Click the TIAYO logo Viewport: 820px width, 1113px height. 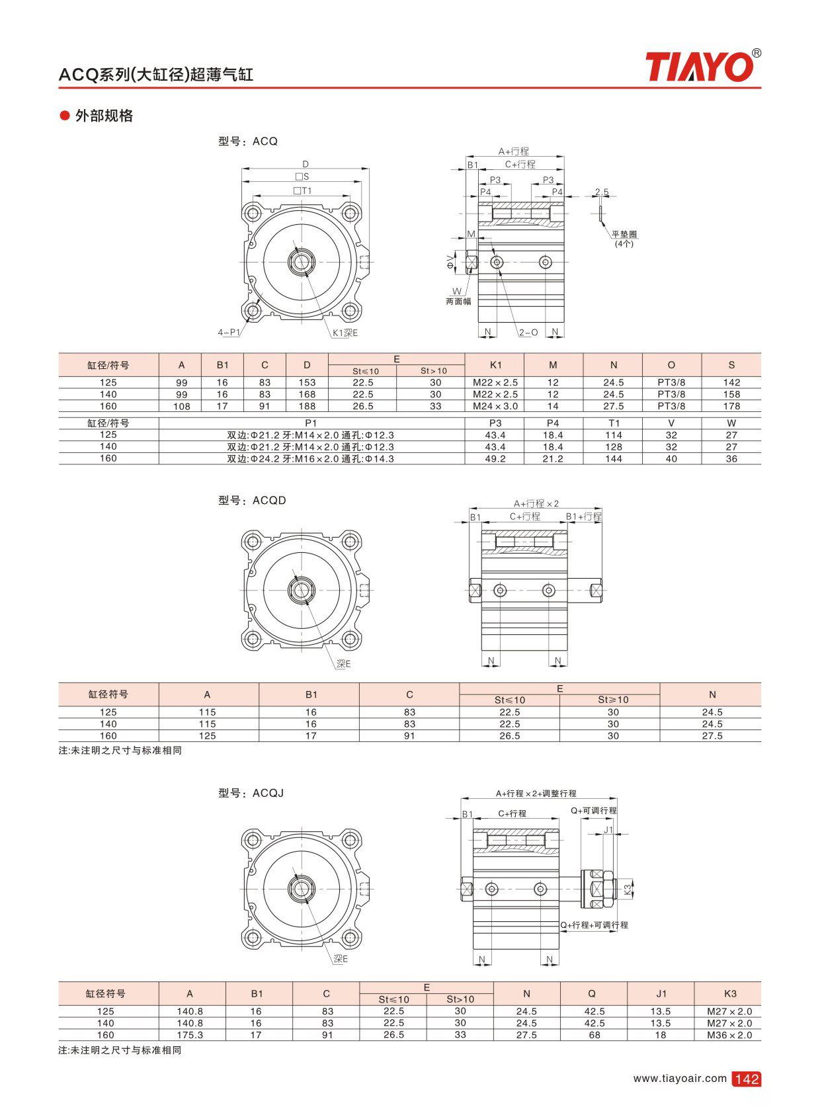click(703, 67)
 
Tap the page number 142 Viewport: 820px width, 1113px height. click(747, 1079)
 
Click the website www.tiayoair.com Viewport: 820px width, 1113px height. click(679, 1079)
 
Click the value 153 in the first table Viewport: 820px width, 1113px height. click(307, 383)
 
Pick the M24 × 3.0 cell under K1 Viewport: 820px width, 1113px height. click(495, 406)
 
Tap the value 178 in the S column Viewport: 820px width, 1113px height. click(731, 406)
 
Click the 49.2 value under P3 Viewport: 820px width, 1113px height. click(495, 458)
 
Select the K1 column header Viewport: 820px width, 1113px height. click(495, 365)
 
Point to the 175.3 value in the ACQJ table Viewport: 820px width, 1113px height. click(190, 1035)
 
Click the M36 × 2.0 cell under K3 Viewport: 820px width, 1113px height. click(729, 1035)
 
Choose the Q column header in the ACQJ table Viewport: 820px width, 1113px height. click(592, 994)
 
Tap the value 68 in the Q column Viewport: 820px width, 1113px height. click(594, 1035)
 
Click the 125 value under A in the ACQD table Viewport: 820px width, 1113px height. click(207, 736)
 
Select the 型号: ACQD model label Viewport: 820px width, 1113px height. click(252, 501)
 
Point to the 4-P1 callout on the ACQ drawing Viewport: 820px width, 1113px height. click(229, 333)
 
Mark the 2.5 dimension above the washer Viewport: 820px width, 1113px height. click(602, 192)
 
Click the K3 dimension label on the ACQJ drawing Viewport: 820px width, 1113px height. click(628, 889)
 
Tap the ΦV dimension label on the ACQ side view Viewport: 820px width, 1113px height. click(451, 262)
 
